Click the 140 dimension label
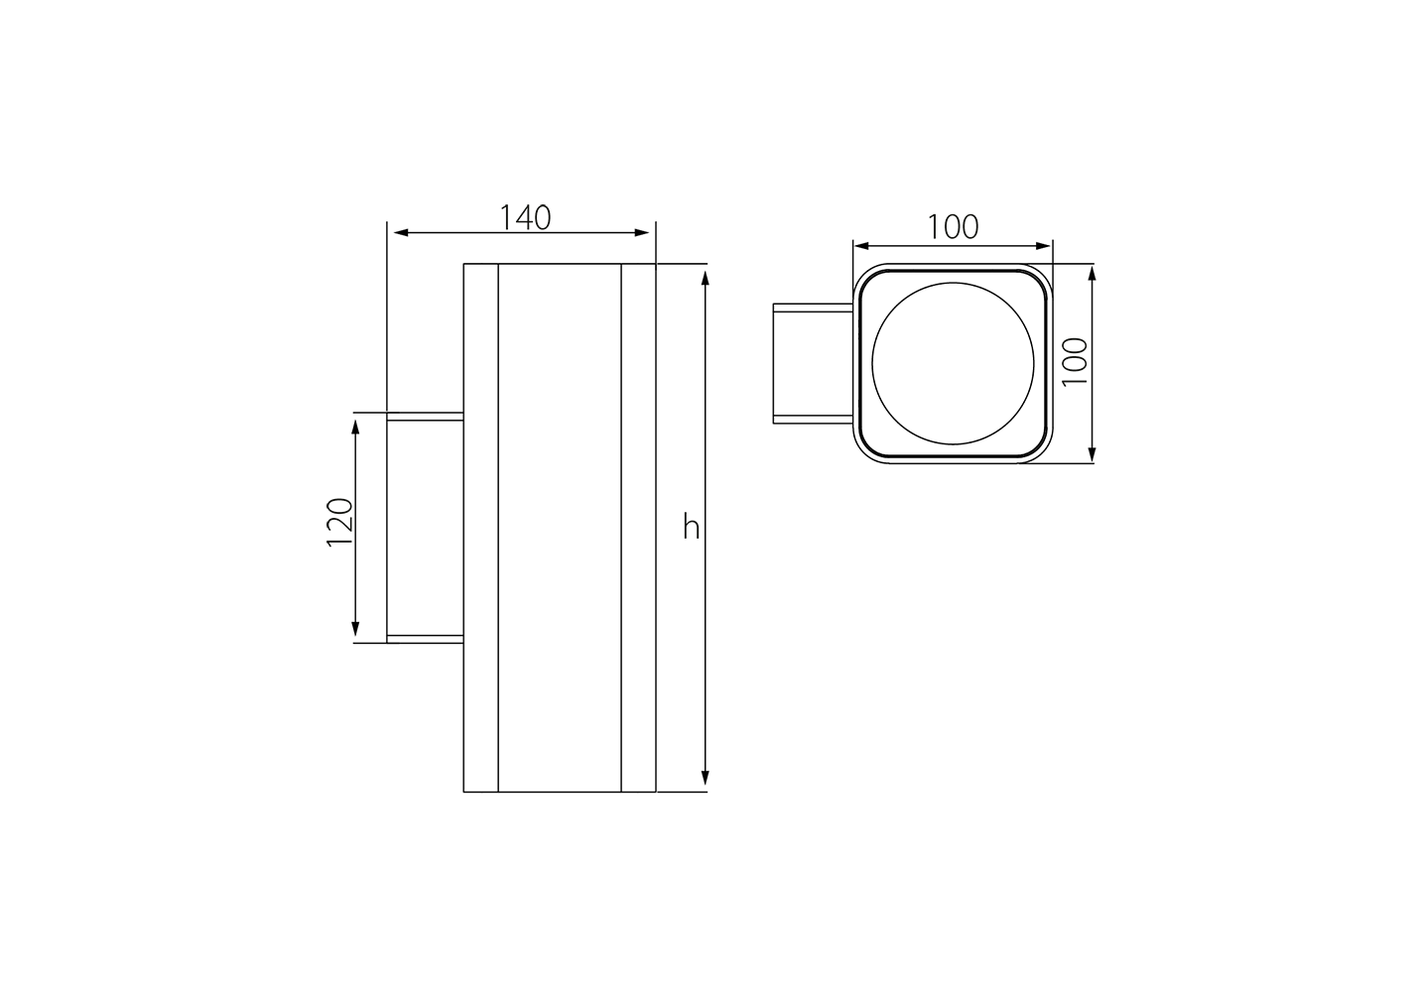(x=525, y=217)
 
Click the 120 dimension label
(x=340, y=523)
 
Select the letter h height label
(x=691, y=527)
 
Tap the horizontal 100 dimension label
(x=953, y=226)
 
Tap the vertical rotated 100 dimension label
(x=1075, y=362)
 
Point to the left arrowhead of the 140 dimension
(x=401, y=233)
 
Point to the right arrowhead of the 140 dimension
(x=642, y=233)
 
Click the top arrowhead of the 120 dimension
(x=355, y=427)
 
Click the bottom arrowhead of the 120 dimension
(x=355, y=629)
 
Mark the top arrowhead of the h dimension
(x=706, y=278)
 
